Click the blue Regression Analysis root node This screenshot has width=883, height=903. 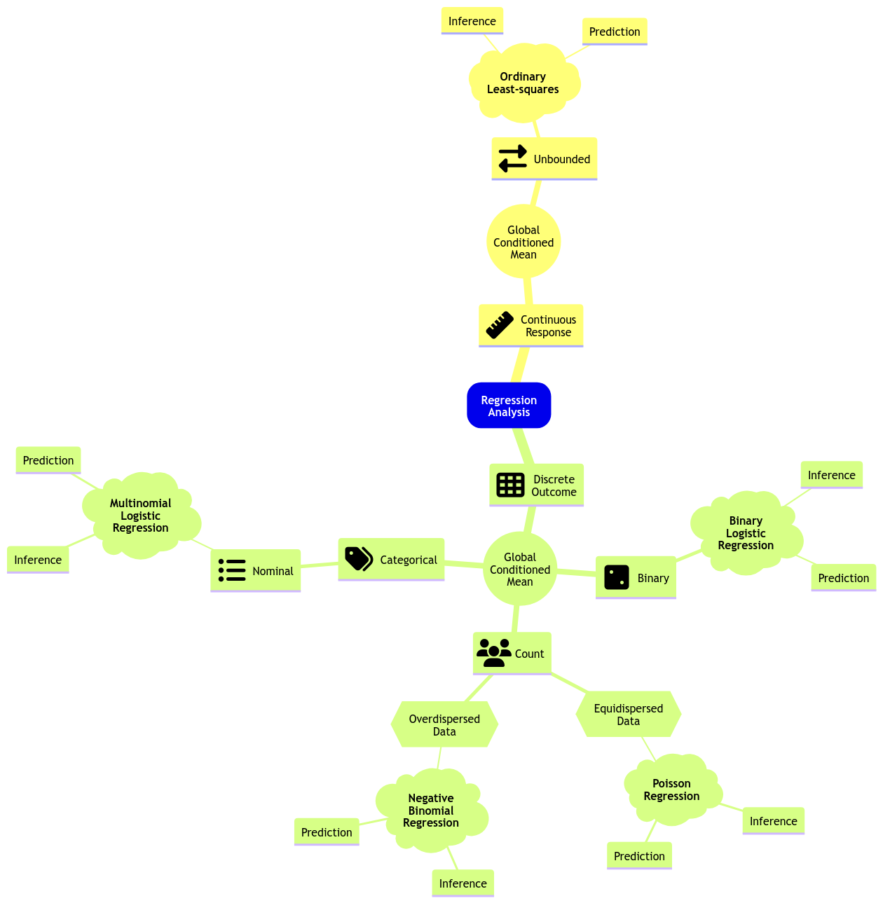pos(509,406)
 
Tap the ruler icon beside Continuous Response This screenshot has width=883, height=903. pos(500,326)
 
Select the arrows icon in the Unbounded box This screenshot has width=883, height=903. pos(512,158)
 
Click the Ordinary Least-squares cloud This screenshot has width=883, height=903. pos(523,83)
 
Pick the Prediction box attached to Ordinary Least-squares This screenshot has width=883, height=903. pos(615,32)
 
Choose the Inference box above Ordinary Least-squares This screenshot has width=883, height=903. pos(472,21)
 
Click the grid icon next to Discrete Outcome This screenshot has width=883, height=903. pos(510,485)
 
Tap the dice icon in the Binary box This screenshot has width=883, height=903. pos(617,578)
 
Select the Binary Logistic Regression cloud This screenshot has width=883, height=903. pos(746,533)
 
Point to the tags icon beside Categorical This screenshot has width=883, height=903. pos(359,559)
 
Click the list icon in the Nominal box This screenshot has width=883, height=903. pos(232,570)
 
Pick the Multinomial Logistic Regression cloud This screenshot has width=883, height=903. pos(141,516)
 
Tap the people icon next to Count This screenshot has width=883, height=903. pos(494,653)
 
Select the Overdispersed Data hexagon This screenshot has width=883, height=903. pos(444,725)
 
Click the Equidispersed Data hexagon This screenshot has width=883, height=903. pos(628,715)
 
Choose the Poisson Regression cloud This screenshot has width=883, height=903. pos(671,790)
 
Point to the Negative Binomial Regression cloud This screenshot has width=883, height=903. pos(431,811)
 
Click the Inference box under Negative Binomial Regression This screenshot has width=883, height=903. pos(463,883)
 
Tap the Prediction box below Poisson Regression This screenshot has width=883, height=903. pos(639,856)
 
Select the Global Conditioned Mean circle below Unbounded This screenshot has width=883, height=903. pos(523,242)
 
